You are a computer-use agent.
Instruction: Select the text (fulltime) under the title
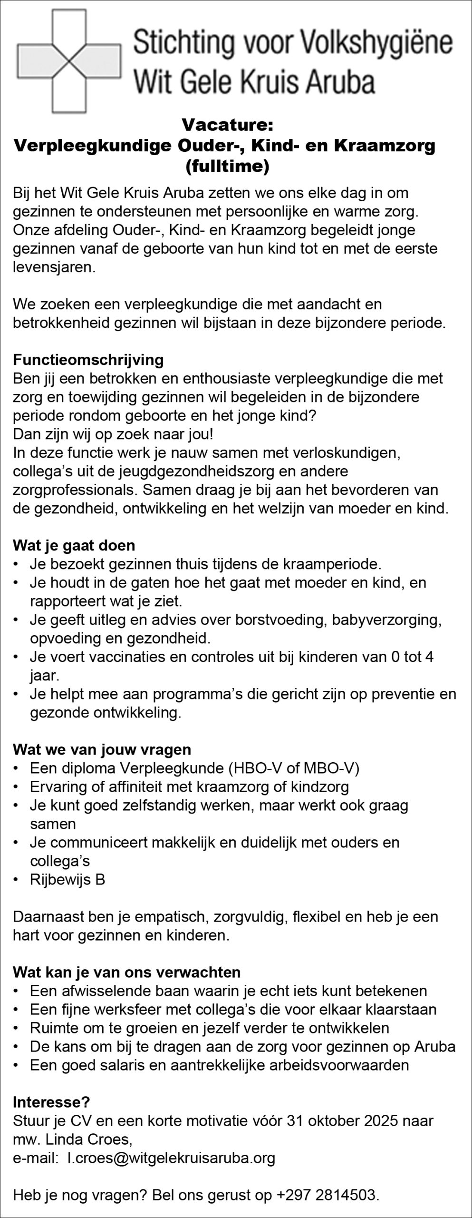(x=227, y=167)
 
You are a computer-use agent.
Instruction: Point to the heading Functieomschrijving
(x=88, y=360)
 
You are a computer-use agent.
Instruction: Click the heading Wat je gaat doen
(x=74, y=545)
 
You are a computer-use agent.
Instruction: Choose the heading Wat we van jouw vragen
(x=102, y=750)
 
